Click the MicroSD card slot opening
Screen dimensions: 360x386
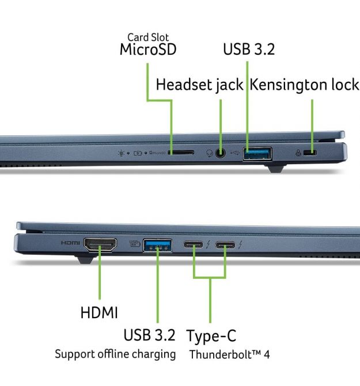click(x=181, y=153)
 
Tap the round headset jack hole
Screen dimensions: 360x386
click(x=220, y=153)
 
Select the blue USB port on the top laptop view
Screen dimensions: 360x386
click(x=257, y=154)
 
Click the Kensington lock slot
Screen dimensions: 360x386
click(x=310, y=153)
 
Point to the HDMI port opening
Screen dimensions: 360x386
click(x=100, y=244)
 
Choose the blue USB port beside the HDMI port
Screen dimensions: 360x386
click(x=158, y=245)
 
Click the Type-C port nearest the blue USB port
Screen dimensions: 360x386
click(x=193, y=245)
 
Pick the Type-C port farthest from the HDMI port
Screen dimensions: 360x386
click(x=225, y=245)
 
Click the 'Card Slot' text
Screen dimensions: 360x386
click(x=148, y=37)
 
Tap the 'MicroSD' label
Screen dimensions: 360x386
click(x=148, y=49)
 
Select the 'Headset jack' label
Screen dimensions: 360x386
click(x=199, y=85)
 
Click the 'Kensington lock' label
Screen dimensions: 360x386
click(x=304, y=85)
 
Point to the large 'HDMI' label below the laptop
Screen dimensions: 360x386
click(x=99, y=313)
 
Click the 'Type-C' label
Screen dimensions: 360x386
click(x=211, y=336)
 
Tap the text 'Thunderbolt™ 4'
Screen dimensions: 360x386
click(x=229, y=354)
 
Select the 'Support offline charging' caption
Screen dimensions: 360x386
click(x=115, y=354)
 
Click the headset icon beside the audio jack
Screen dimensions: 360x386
click(x=209, y=153)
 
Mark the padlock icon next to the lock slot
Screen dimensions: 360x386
click(x=298, y=153)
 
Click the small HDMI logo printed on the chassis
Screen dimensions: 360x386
click(x=70, y=243)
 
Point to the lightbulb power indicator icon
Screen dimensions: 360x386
click(x=121, y=153)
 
